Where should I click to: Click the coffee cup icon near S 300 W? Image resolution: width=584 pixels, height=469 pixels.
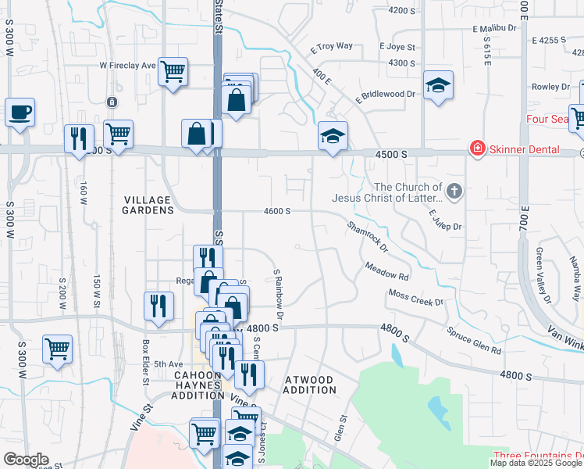tap(20, 112)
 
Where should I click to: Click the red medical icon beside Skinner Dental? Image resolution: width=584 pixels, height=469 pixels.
tap(476, 148)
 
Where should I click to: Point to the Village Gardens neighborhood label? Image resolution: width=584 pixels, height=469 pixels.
tap(148, 205)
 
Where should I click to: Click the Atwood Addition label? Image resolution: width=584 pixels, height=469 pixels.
tap(309, 384)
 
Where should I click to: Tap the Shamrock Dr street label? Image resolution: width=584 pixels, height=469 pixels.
tap(368, 235)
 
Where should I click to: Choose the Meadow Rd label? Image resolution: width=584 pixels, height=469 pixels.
tap(386, 272)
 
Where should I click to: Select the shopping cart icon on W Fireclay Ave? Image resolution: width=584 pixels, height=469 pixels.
tap(173, 71)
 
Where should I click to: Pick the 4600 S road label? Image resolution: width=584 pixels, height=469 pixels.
tap(277, 211)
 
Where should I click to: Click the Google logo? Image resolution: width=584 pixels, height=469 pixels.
tap(26, 460)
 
